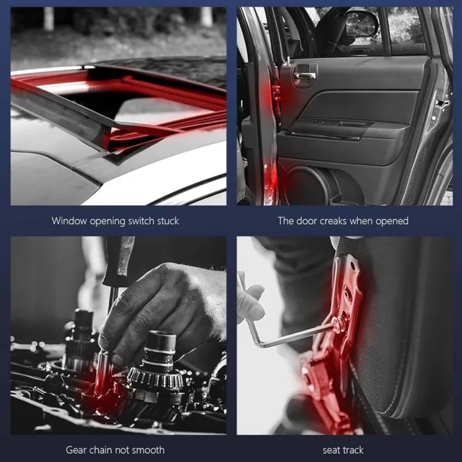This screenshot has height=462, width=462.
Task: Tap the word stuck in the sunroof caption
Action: point(167,221)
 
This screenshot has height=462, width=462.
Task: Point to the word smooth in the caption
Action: point(149,449)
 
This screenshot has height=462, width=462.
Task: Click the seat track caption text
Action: point(343,449)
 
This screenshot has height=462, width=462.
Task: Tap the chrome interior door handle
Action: point(304,75)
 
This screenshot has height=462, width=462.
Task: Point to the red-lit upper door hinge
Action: point(277,93)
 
